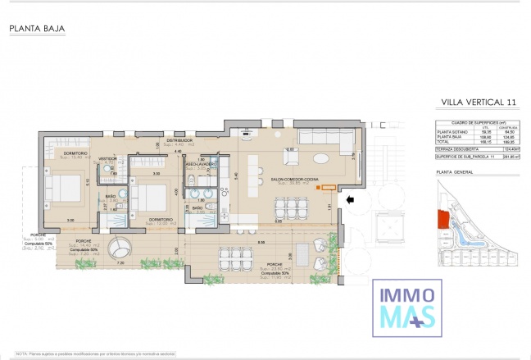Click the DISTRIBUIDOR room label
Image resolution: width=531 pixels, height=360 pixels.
click(179, 140)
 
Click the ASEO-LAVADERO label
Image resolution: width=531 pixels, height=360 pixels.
click(201, 164)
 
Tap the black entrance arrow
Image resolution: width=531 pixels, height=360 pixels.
click(350, 198)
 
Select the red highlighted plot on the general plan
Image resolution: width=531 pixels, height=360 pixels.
click(443, 218)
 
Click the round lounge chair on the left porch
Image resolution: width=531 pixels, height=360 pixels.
click(122, 247)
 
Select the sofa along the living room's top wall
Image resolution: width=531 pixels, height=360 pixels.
click(324, 136)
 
